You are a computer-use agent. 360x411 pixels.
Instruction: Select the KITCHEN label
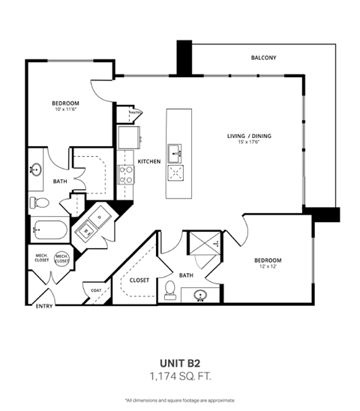(x=149, y=161)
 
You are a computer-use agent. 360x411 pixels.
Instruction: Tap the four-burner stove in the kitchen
(x=126, y=175)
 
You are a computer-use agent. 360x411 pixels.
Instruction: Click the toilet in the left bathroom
(x=41, y=201)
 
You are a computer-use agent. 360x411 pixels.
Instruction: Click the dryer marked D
(x=101, y=218)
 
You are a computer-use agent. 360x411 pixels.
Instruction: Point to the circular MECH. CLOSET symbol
(x=62, y=259)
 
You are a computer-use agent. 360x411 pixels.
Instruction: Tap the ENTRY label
(x=43, y=305)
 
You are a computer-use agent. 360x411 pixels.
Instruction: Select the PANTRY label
(x=136, y=114)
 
